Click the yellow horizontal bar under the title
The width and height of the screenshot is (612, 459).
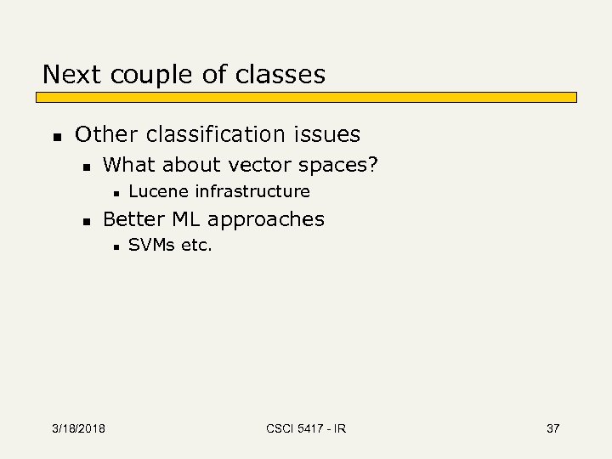click(x=309, y=98)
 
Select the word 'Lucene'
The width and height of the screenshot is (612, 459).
click(x=159, y=191)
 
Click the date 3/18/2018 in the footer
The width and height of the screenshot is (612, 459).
click(x=77, y=428)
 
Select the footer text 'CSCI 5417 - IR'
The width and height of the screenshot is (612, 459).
click(x=305, y=428)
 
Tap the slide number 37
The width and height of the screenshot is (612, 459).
click(x=552, y=428)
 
